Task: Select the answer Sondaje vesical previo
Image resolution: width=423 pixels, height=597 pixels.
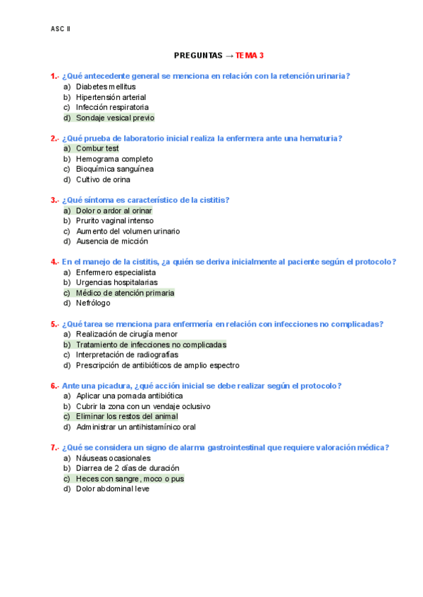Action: pyautogui.click(x=115, y=118)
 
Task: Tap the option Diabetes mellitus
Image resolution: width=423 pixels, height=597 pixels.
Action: pyautogui.click(x=106, y=87)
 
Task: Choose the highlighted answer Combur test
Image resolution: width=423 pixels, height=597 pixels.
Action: pyautogui.click(x=97, y=149)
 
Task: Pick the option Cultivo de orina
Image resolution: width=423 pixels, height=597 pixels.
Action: pyautogui.click(x=103, y=180)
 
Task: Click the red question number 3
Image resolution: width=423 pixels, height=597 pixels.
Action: pyautogui.click(x=54, y=200)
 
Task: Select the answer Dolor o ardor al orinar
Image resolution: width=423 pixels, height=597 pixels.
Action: pyautogui.click(x=114, y=210)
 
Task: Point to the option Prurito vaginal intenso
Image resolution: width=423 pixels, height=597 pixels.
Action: pyautogui.click(x=114, y=221)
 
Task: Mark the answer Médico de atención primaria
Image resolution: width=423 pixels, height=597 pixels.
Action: pyautogui.click(x=125, y=293)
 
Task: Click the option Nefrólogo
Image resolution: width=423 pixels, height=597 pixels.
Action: pyautogui.click(x=93, y=303)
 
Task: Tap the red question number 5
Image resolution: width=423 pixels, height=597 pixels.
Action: pyautogui.click(x=54, y=324)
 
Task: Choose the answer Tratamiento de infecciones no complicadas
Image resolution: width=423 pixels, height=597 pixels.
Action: pyautogui.click(x=151, y=345)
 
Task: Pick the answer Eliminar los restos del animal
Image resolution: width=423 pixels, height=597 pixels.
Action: pyautogui.click(x=127, y=417)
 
